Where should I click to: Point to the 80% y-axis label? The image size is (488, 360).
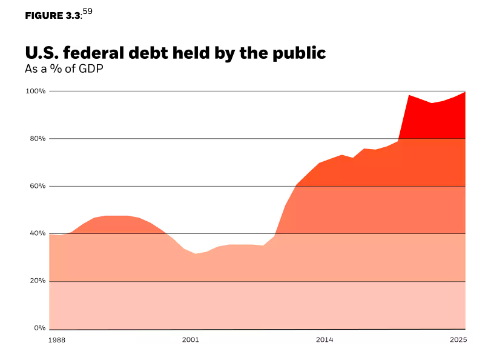[38, 139]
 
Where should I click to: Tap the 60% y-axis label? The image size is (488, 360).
[38, 186]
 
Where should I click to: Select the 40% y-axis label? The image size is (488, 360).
[38, 233]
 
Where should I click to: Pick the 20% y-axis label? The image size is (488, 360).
[38, 281]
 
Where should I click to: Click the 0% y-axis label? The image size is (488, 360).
[40, 328]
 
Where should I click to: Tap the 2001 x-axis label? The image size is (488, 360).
[190, 341]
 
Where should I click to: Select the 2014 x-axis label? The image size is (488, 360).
[324, 341]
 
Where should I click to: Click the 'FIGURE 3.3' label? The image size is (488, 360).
[53, 16]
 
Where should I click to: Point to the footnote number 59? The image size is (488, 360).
[87, 11]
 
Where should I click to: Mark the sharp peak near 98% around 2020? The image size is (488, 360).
[410, 95]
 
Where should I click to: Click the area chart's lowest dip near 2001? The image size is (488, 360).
[195, 254]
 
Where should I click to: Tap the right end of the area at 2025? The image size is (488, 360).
[465, 92]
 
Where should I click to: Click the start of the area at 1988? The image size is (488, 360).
[49, 235]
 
